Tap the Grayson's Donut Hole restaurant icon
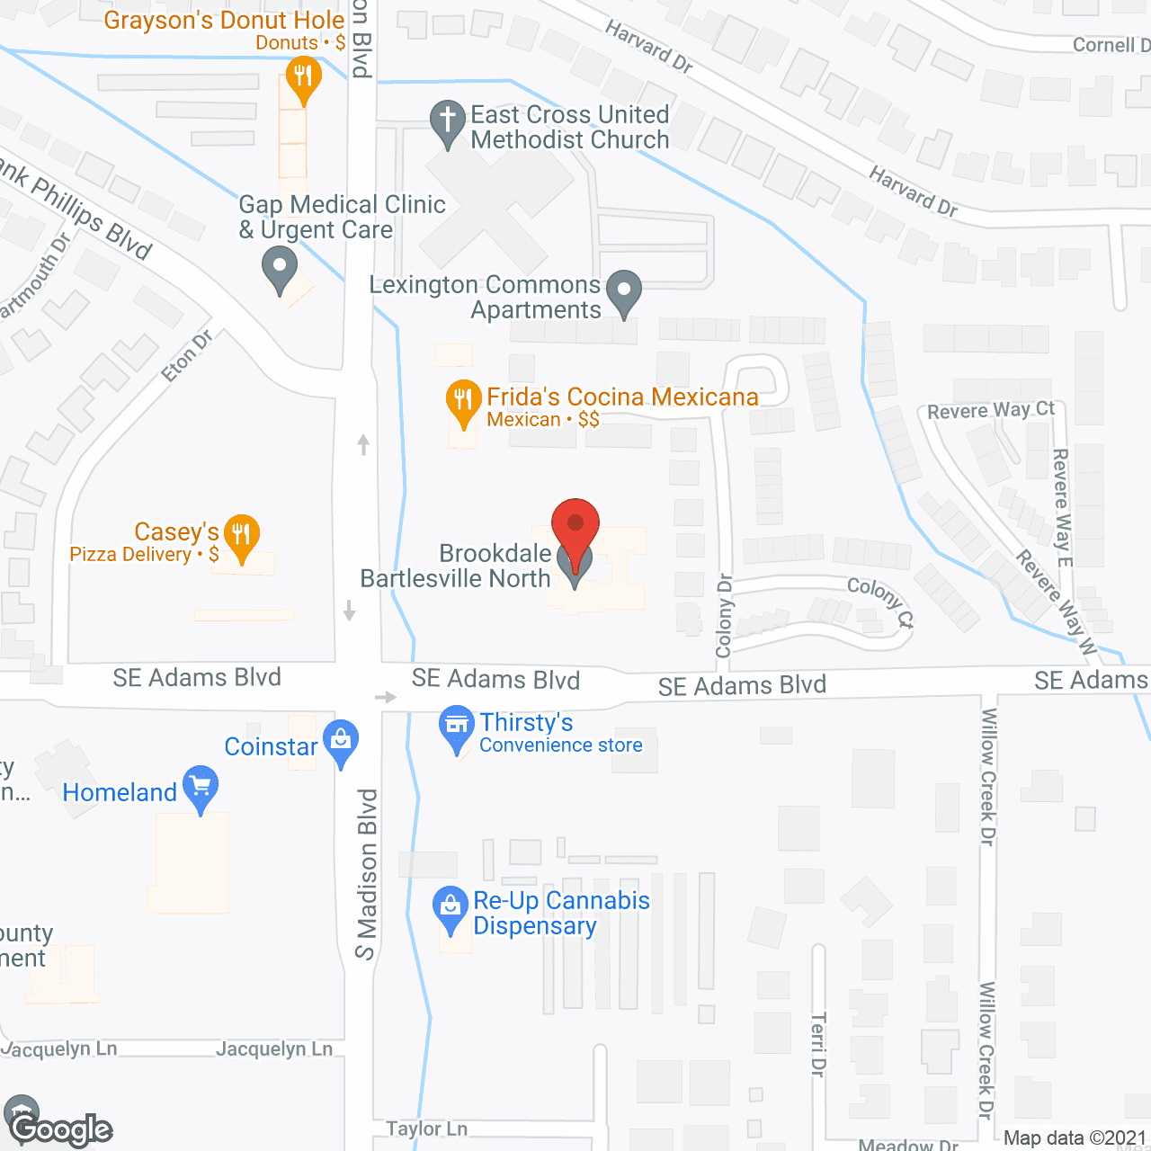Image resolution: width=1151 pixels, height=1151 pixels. point(303,77)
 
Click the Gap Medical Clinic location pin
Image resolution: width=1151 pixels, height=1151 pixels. point(280,268)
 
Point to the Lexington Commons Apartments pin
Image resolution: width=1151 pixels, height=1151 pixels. point(624,291)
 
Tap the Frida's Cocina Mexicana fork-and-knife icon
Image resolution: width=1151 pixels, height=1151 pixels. point(462,401)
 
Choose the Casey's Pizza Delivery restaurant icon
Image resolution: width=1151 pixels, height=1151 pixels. point(241,536)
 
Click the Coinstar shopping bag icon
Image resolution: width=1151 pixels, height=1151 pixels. point(341,742)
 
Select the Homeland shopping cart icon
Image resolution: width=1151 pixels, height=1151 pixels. point(201,787)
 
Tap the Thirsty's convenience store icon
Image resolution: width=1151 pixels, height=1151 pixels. point(456,727)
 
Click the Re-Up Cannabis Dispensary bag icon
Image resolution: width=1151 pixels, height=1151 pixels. point(450,908)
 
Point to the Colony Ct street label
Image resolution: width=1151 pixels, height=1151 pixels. point(880,601)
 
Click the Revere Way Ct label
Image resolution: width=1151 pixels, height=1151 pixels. point(991,410)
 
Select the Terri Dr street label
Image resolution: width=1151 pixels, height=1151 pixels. point(817,1043)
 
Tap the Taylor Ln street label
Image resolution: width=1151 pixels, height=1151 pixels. point(426,1129)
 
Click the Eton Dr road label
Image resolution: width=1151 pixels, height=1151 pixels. point(188,355)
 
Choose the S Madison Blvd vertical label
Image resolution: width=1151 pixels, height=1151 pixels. point(366,874)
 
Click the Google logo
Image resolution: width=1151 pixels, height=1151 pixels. point(61,1129)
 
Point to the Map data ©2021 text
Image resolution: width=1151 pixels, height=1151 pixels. point(1075,1138)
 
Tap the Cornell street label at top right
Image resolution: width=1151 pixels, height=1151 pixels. point(1111,45)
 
